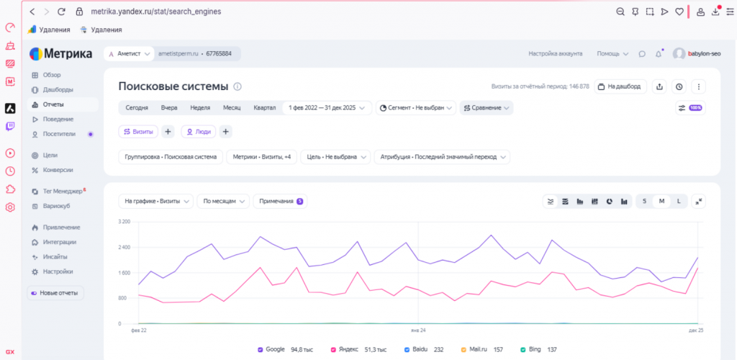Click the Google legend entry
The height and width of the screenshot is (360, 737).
[285, 350]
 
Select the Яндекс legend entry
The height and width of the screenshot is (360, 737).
[358, 350]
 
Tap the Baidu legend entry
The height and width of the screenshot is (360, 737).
[424, 350]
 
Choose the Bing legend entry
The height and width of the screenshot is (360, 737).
[538, 350]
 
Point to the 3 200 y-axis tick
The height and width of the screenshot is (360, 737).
[124, 221]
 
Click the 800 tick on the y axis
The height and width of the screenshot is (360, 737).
[125, 298]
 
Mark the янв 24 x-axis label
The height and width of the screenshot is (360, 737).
[418, 331]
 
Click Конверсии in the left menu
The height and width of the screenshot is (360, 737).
[58, 170]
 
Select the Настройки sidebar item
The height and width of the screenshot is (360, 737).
[58, 271]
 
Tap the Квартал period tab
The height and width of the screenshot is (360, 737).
[265, 107]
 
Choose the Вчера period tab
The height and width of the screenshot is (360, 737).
[169, 107]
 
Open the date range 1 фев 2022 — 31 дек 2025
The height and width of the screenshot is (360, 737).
[327, 107]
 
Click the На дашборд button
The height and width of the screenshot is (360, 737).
[620, 86]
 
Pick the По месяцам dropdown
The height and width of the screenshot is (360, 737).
[223, 201]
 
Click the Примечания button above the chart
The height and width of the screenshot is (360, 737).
[280, 201]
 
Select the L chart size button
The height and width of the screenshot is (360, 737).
[679, 201]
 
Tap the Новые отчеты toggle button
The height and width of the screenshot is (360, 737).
[55, 293]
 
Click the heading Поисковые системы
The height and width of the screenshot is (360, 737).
[173, 86]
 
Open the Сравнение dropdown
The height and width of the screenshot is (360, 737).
[487, 107]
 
